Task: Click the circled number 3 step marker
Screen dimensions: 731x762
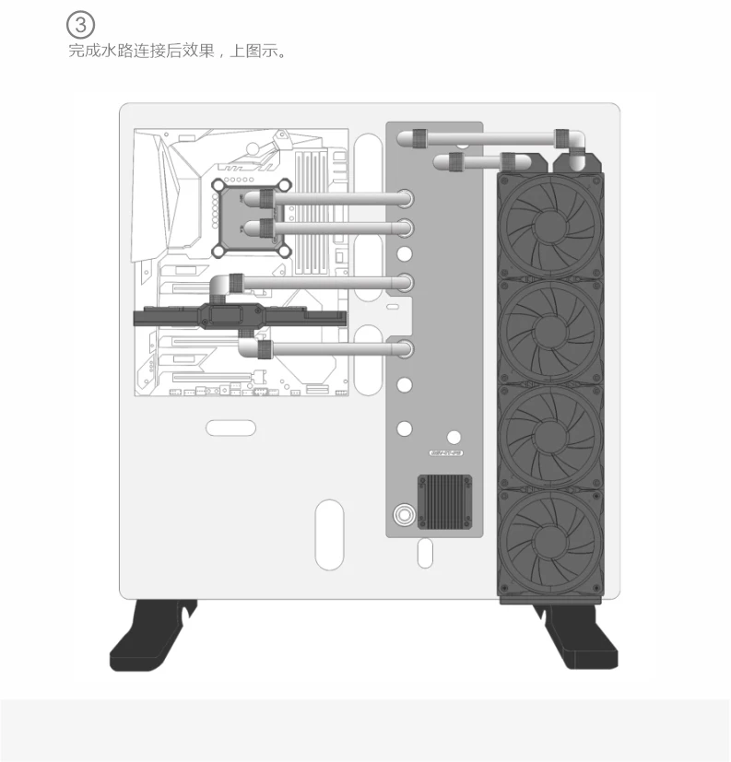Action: click(x=83, y=24)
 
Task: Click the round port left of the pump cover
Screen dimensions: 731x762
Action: click(x=404, y=513)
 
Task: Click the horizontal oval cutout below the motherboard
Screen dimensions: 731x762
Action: click(x=230, y=428)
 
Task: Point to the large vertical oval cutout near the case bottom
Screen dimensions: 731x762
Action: click(x=329, y=533)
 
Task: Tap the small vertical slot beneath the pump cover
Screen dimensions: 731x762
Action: click(x=424, y=553)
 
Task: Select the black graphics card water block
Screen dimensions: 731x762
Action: click(x=240, y=317)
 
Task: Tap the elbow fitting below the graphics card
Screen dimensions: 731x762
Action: click(x=250, y=347)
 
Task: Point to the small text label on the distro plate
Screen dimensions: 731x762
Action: click(x=448, y=453)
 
